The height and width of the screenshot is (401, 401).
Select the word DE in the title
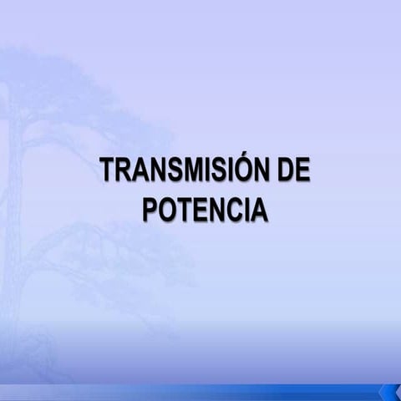pyautogui.click(x=292, y=170)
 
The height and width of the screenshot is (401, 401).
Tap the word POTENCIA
pyautogui.click(x=205, y=209)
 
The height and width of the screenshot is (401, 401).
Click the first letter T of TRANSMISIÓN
pyautogui.click(x=107, y=170)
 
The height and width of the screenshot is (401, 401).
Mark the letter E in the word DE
pyautogui.click(x=301, y=170)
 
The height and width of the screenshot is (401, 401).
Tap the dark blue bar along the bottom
pyautogui.click(x=200, y=393)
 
